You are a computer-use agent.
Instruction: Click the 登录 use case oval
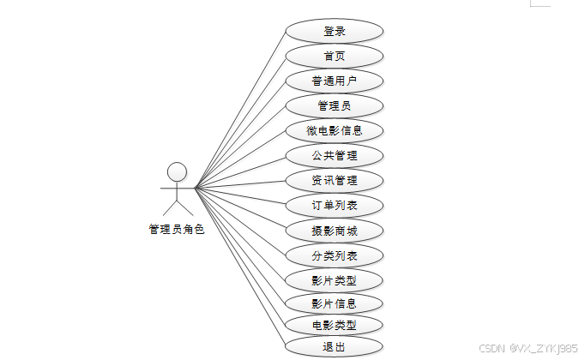pos(334,31)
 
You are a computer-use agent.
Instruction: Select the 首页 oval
pos(334,57)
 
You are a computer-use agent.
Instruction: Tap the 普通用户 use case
pos(334,81)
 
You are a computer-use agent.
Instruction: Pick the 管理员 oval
pos(334,106)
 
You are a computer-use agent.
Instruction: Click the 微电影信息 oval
pos(334,131)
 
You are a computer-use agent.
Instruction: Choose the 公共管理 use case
pos(334,156)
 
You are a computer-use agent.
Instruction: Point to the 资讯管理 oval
pos(334,181)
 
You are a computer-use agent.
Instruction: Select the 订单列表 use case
pos(334,206)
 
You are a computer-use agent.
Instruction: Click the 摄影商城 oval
pos(334,231)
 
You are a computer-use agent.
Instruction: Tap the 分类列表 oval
pos(334,255)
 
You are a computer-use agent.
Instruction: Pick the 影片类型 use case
pos(334,280)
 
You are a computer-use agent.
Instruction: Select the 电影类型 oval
pos(334,325)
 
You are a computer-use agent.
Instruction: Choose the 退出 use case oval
pos(334,347)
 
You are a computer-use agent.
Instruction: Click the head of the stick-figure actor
pos(177,171)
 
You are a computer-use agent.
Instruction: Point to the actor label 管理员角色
pos(177,229)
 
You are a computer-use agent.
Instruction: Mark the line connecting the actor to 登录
pos(240,110)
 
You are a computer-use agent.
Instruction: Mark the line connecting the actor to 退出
pos(240,266)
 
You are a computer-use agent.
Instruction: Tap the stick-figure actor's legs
pos(177,207)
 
